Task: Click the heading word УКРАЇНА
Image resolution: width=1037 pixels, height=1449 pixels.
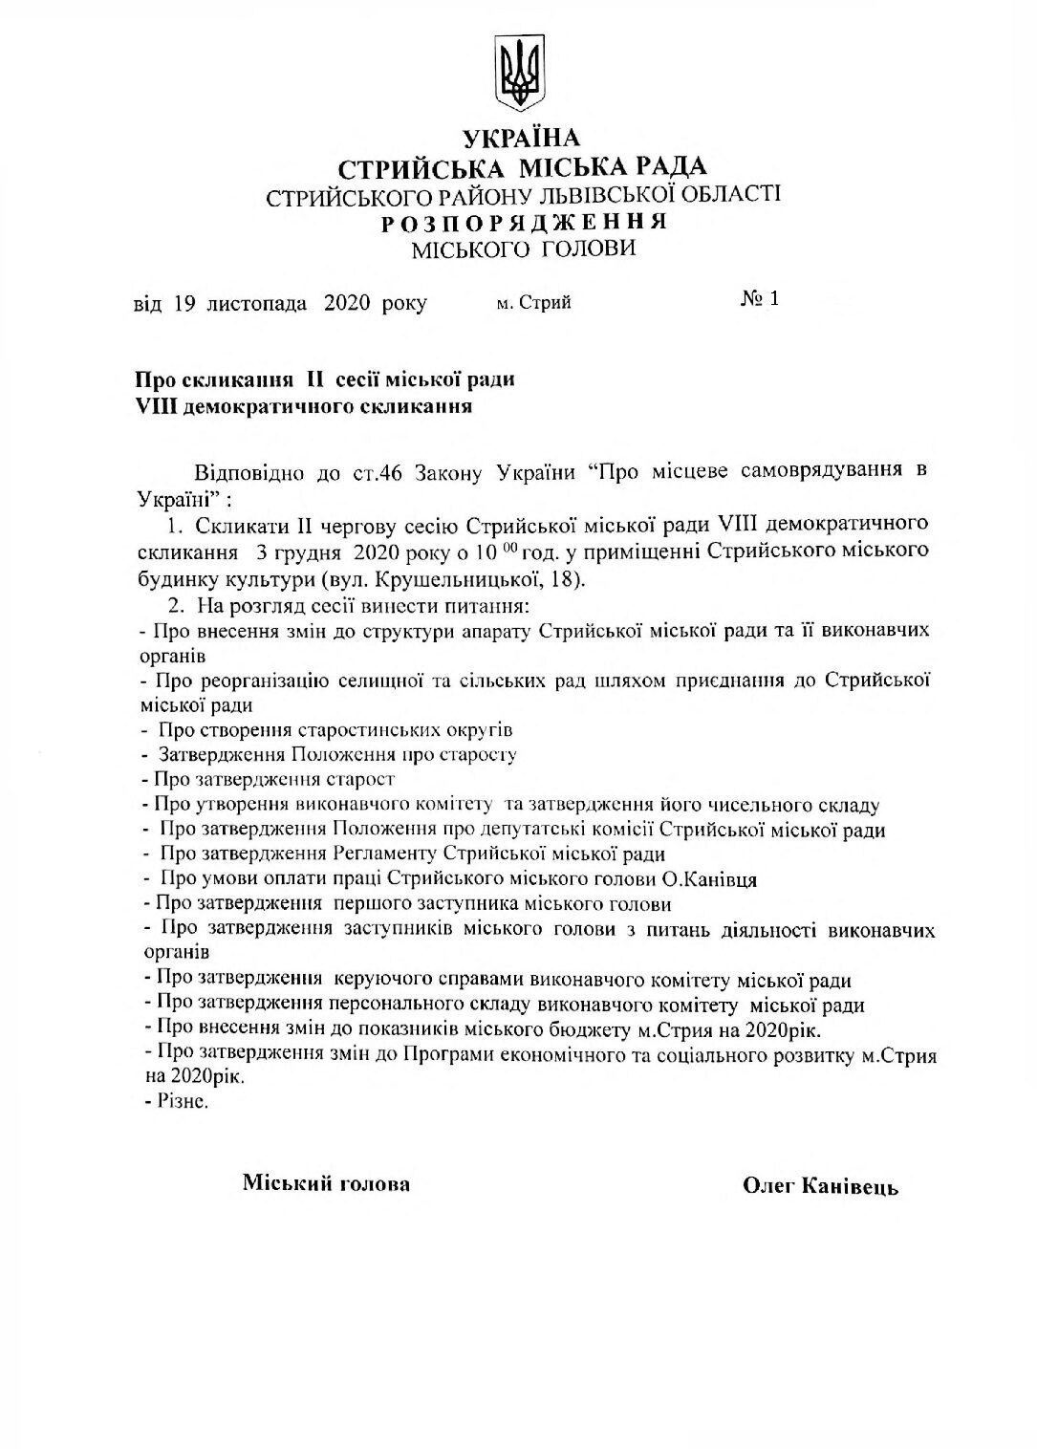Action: point(521,140)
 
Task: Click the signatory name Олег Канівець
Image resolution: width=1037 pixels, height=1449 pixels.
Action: point(820,1186)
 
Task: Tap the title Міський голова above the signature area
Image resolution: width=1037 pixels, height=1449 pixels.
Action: point(326,1183)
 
